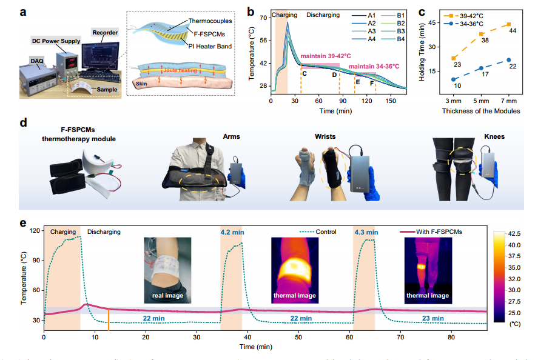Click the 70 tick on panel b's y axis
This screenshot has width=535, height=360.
(x=263, y=18)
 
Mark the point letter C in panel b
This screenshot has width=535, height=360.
(x=304, y=74)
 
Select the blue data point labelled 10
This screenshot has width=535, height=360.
(x=454, y=79)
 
